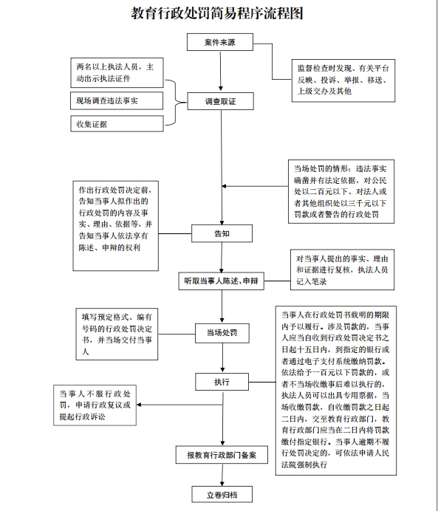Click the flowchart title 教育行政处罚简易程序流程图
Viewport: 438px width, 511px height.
tap(217, 13)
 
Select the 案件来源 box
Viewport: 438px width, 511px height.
tap(220, 42)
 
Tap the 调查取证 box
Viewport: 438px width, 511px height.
tap(220, 101)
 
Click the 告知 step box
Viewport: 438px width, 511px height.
tap(222, 233)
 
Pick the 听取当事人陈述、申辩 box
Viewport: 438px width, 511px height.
tap(221, 281)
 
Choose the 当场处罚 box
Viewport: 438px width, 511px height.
tap(222, 333)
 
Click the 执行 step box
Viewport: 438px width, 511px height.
tap(222, 382)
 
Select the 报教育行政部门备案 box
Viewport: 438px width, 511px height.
tap(222, 455)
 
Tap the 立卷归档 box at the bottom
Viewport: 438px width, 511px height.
tap(222, 495)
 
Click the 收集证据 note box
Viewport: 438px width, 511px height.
tap(117, 124)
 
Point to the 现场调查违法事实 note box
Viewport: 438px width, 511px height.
tap(117, 100)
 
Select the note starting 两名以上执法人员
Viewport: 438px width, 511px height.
tap(117, 72)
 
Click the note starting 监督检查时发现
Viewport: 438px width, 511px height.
tap(343, 80)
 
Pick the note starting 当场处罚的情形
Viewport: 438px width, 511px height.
tap(341, 192)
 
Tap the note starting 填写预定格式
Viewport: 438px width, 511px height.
tap(117, 334)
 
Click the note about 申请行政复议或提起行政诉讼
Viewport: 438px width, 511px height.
tap(95, 405)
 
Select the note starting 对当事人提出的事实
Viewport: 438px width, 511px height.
tap(342, 270)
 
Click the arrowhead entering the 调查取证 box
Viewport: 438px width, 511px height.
tap(221, 89)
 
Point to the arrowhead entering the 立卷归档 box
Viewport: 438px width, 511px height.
tap(222, 483)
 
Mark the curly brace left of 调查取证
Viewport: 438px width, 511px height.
tap(176, 103)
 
